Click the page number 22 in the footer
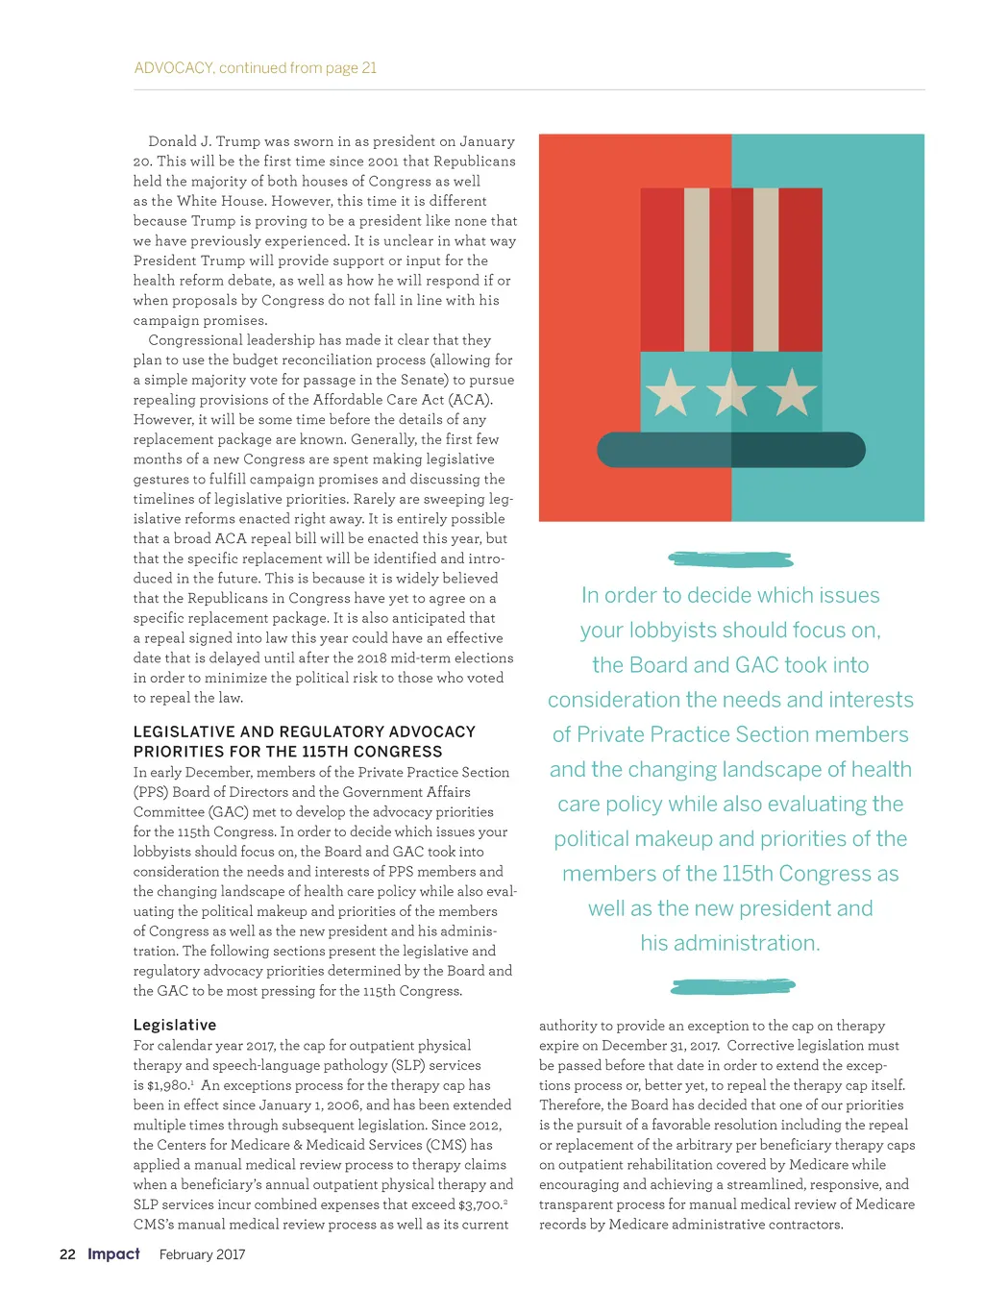pos(67,1254)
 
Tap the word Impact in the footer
pos(113,1253)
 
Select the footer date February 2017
pos(202,1254)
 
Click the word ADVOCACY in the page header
pos(173,68)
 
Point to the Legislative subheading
pos(175,1025)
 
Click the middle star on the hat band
pos(731,392)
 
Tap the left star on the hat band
pos(670,392)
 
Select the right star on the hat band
pos(793,392)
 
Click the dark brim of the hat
pos(730,450)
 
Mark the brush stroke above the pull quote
pos(730,558)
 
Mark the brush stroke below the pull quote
pos(732,986)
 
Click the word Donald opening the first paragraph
pos(172,141)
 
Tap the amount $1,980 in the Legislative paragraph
pos(168,1085)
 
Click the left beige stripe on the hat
pos(697,269)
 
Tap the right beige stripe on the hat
pos(766,269)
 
